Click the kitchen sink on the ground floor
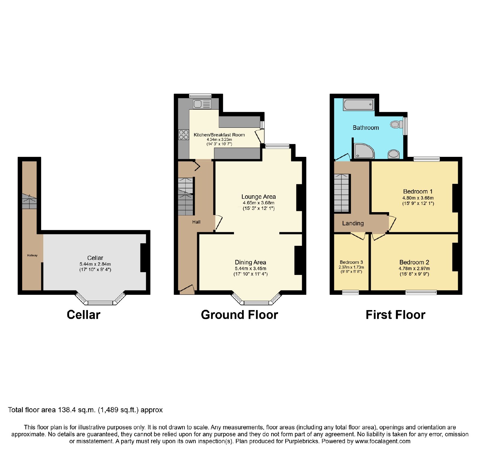tap(202, 104)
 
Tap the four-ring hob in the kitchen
tap(184, 135)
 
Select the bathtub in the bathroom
tap(358, 105)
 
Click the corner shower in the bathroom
tap(364, 151)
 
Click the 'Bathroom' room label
tap(366, 128)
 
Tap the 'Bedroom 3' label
tap(351, 262)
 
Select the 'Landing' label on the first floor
tap(353, 223)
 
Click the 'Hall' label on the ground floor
tap(196, 222)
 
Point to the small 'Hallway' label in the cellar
tap(32, 255)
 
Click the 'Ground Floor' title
tap(239, 315)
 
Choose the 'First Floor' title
tap(395, 315)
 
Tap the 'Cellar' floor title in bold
tap(83, 315)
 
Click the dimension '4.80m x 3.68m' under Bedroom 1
tap(418, 198)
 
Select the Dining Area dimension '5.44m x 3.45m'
tap(250, 269)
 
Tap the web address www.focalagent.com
tap(382, 441)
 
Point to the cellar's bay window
tap(100, 298)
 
